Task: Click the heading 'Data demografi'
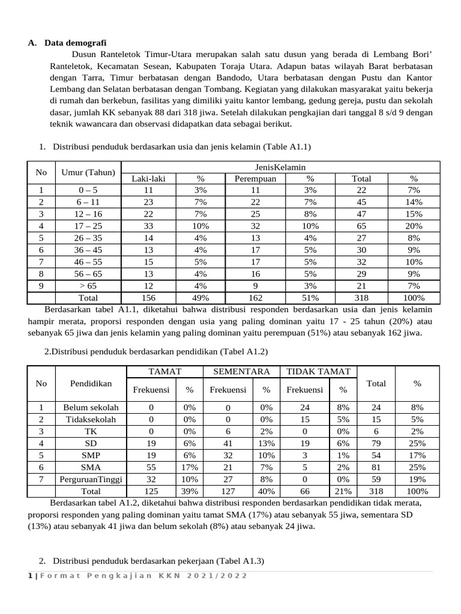point(76,43)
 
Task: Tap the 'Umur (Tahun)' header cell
point(88,173)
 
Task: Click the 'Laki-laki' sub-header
point(148,179)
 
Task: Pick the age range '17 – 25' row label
point(88,226)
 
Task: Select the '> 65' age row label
point(88,286)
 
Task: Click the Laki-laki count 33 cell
point(148,226)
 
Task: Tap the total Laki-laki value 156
point(148,298)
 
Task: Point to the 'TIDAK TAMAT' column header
point(318,372)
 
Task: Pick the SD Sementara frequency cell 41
point(228,443)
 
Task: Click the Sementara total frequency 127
point(228,491)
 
